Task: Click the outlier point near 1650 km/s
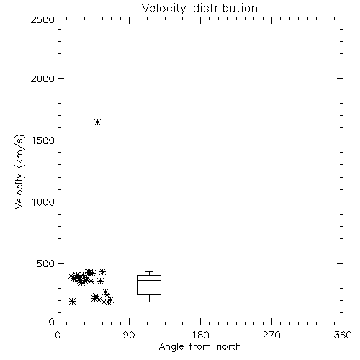point(97,122)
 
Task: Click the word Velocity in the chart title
point(163,9)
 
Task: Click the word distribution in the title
point(225,8)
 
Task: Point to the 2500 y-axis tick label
point(42,19)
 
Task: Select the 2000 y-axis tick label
point(42,78)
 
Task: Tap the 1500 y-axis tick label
point(43,140)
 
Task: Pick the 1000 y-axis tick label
point(43,202)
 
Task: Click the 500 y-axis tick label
point(45,264)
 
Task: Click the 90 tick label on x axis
point(129,335)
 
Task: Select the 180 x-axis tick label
point(200,335)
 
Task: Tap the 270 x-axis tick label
point(271,335)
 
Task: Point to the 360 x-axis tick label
point(343,335)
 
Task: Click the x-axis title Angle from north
point(200,347)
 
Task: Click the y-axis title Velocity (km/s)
point(20,172)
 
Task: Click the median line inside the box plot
point(149,280)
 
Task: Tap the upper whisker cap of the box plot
point(149,271)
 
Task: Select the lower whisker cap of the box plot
point(149,302)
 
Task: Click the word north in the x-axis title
point(229,346)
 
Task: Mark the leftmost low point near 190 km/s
point(72,301)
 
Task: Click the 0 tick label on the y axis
point(52,322)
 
